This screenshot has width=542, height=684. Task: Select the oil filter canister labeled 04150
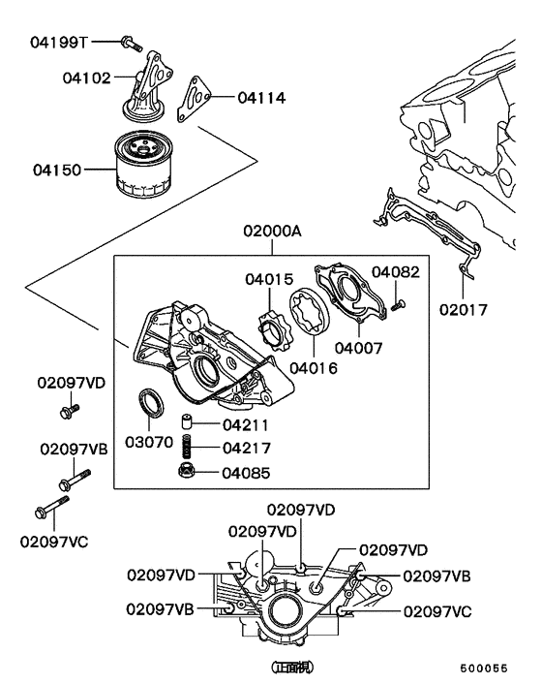(145, 169)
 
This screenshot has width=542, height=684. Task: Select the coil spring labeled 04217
(189, 449)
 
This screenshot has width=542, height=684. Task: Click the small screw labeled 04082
(398, 305)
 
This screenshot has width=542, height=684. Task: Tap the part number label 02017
(463, 310)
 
